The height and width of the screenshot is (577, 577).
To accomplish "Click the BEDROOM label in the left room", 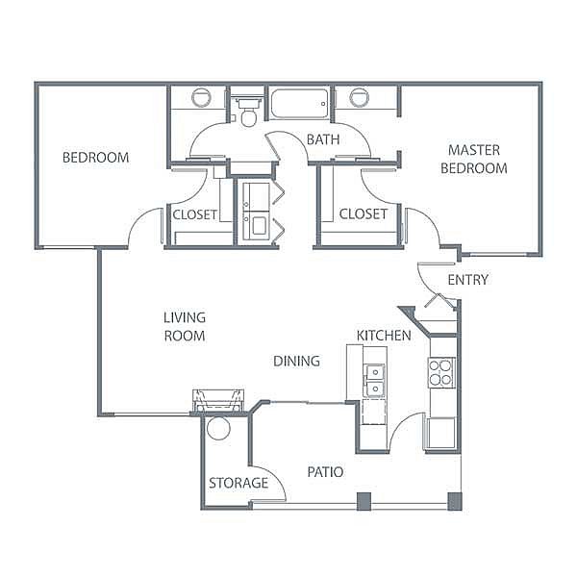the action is coord(95,158).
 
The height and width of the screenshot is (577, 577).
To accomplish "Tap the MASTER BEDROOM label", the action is coord(474,159).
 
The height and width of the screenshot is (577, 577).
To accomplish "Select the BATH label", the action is coord(323,139).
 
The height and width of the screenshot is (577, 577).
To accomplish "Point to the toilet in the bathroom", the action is coord(248,112).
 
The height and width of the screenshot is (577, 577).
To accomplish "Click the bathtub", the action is coord(300,104).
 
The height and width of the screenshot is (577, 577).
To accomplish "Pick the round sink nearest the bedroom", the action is coord(201,98).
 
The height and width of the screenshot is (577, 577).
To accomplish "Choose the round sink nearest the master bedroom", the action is coord(359,98).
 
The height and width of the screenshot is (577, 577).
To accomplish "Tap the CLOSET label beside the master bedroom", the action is coord(364,213).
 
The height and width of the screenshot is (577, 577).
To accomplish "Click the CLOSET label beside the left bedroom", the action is coord(194,214).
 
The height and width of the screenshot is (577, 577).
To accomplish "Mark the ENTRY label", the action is coord(468,280).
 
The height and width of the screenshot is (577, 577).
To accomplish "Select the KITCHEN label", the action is coord(384,336).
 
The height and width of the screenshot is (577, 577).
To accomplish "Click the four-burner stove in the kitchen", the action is coord(441,372).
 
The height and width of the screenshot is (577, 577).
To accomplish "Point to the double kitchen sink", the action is coord(375,380).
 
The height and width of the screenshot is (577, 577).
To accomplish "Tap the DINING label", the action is coord(296,361).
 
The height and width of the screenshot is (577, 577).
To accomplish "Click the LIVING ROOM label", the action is coord(185,327).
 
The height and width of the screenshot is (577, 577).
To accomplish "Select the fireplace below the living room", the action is coord(218,401).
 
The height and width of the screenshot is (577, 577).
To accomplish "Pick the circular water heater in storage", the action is coord(218,428).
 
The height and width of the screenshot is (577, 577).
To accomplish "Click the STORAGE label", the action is coord(238,483).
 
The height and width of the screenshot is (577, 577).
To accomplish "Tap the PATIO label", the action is coord(325,472).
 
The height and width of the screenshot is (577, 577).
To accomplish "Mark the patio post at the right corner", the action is coord(455,502).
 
